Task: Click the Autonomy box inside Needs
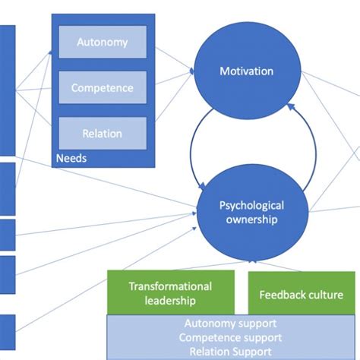coord(102,43)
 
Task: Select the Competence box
coord(102,88)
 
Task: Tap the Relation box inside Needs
coord(102,134)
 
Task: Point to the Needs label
coord(71,159)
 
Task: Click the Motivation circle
coord(246,72)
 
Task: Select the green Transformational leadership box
coord(170,292)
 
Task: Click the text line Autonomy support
coord(230,323)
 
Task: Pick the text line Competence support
coord(230,337)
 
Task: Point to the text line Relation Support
coord(230,352)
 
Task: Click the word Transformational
coord(170,286)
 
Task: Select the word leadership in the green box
coord(170,301)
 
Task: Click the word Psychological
coord(251,205)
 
